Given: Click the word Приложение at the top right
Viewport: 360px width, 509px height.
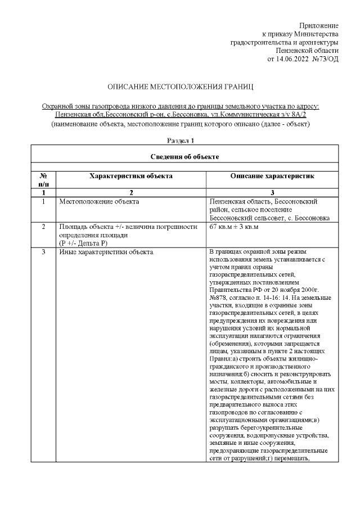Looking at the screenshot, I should [319, 26].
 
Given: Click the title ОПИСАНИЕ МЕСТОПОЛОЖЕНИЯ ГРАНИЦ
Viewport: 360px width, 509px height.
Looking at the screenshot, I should [181, 88].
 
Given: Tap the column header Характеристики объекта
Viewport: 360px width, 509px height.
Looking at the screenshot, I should [131, 176].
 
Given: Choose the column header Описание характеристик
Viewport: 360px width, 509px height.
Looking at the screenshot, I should [272, 176].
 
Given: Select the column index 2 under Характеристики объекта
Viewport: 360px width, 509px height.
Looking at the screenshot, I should [131, 192].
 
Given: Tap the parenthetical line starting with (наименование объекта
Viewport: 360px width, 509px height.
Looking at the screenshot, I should [181, 123].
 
